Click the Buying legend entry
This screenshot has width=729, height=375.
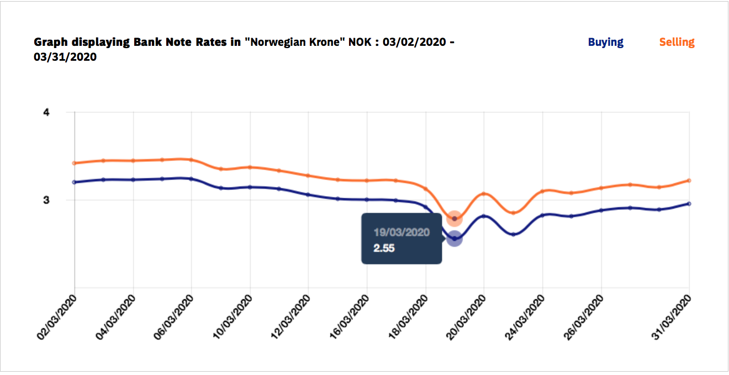(605, 42)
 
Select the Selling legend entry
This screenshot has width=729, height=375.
(677, 42)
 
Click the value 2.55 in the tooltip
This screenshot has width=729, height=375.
(384, 249)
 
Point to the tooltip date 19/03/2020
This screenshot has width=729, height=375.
(402, 233)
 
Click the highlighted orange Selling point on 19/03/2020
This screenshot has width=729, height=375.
(455, 219)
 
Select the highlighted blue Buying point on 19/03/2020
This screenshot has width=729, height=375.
(455, 239)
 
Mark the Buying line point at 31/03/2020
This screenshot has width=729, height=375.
(689, 204)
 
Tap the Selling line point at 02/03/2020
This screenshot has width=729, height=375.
(75, 163)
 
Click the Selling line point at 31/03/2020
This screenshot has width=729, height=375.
(689, 181)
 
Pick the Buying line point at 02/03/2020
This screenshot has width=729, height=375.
(75, 182)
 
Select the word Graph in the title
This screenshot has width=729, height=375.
(50, 42)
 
